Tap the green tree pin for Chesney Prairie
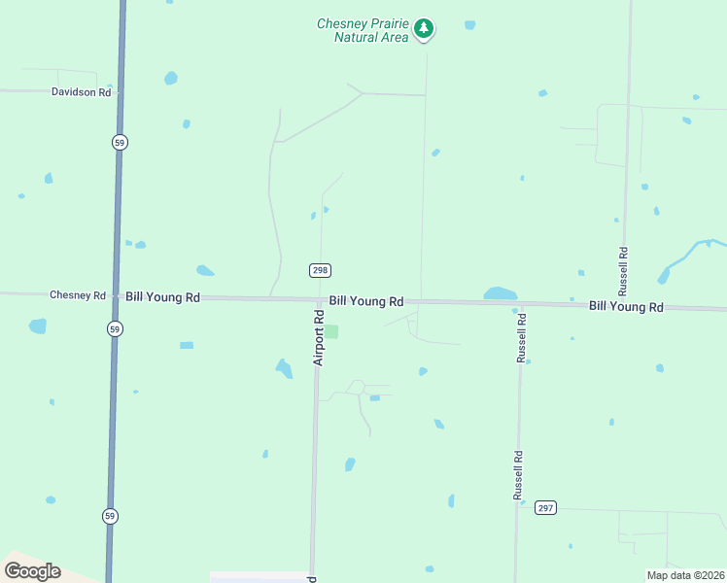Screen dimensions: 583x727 coord(423,28)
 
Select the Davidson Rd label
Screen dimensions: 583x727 coord(82,91)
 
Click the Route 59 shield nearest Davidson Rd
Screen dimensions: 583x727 coord(119,142)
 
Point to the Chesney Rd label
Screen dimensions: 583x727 coord(77,294)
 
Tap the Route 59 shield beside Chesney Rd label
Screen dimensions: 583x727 coord(116,327)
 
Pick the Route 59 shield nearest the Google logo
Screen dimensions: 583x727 coord(111,516)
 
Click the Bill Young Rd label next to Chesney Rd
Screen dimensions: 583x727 coord(162,296)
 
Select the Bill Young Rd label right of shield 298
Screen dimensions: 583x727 coord(365,301)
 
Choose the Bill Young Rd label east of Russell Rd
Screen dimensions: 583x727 coord(626,306)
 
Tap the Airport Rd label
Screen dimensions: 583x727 coord(318,338)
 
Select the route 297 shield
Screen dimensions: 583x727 coord(545,507)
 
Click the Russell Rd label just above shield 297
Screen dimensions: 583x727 coord(519,475)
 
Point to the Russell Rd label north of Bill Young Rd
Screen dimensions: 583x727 coord(623,270)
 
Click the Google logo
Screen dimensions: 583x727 coord(32,571)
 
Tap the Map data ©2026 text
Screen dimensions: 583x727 coord(684,575)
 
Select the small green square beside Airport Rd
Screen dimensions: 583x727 coord(331,331)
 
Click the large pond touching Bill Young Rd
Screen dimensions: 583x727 coord(500,293)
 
